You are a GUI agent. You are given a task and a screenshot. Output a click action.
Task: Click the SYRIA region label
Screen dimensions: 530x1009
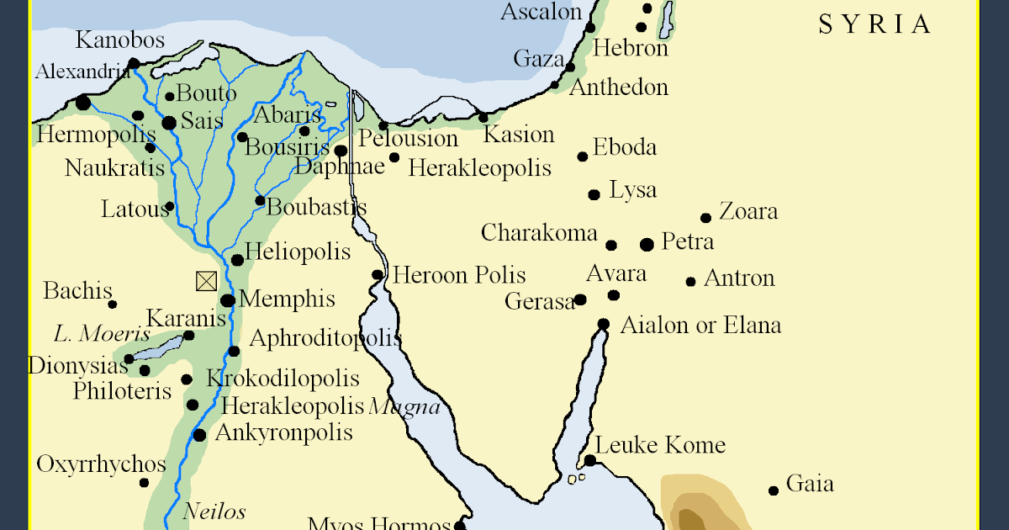tap(875, 24)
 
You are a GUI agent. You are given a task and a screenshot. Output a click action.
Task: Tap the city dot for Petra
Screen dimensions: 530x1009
tap(647, 245)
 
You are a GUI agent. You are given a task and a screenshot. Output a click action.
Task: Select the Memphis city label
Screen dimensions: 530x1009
tap(287, 299)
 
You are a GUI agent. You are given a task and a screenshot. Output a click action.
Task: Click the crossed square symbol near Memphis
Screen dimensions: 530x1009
tap(205, 281)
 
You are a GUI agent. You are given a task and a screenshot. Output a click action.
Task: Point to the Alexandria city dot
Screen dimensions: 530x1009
tap(82, 103)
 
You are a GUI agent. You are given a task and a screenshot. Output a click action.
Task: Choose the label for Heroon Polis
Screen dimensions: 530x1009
tap(459, 275)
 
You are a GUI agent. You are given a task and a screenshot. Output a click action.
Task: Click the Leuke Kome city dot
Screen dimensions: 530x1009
tap(590, 460)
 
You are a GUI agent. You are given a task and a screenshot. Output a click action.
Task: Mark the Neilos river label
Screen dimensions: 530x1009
tap(214, 511)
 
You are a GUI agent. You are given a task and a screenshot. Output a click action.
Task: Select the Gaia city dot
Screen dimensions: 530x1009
tap(774, 490)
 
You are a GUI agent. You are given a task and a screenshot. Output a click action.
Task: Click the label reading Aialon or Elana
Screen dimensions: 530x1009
tap(700, 326)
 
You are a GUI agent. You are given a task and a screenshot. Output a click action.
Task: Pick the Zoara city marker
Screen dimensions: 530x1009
tap(706, 218)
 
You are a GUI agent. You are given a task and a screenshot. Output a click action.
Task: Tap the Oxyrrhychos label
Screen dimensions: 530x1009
tap(102, 464)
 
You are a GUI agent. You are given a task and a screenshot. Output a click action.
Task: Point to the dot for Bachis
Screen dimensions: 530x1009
tap(113, 305)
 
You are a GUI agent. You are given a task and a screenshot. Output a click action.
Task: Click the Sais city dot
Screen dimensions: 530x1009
tap(169, 123)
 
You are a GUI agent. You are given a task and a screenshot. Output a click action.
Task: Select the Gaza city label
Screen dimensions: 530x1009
tap(538, 59)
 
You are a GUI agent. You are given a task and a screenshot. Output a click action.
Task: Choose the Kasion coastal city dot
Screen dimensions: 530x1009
tap(483, 117)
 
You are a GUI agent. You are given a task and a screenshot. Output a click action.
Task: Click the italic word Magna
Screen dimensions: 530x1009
tap(404, 407)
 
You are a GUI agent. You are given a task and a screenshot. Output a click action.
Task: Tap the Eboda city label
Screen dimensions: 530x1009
tap(625, 148)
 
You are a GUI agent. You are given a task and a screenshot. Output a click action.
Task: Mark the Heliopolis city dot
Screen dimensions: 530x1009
tap(237, 260)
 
